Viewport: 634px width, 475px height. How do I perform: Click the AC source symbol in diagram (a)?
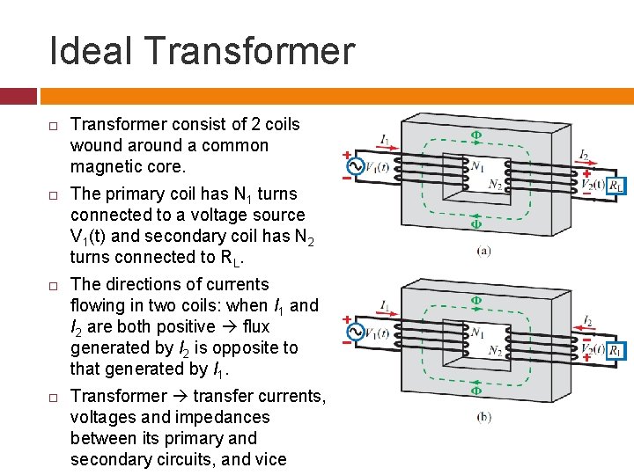click(x=356, y=166)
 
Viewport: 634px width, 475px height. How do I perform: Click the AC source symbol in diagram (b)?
click(x=356, y=332)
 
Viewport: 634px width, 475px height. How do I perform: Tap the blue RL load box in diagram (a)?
click(x=617, y=185)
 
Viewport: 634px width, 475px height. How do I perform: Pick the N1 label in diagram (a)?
click(x=478, y=164)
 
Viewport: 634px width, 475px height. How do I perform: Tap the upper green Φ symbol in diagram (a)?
click(x=475, y=135)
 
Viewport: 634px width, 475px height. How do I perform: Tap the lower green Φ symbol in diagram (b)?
click(x=475, y=390)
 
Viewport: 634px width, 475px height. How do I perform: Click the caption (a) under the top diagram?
click(x=483, y=251)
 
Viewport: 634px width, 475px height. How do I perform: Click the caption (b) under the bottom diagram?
click(x=483, y=417)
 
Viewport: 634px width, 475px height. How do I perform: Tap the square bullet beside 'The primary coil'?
click(x=52, y=194)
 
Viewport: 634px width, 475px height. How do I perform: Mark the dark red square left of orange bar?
click(x=18, y=95)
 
